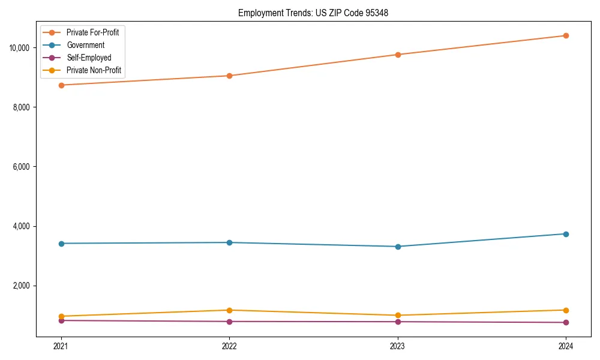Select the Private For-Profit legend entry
click(x=92, y=32)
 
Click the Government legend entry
click(x=85, y=45)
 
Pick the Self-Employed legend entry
click(x=89, y=58)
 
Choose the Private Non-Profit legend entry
click(x=94, y=70)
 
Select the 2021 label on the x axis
click(x=61, y=346)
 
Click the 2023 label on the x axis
click(x=398, y=346)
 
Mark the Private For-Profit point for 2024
click(x=566, y=35)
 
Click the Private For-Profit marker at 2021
click(x=61, y=85)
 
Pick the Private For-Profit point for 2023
click(x=398, y=55)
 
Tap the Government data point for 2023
click(x=398, y=247)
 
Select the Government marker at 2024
click(x=566, y=234)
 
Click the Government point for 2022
click(x=229, y=242)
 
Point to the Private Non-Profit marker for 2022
click(x=229, y=310)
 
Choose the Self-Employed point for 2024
click(x=566, y=323)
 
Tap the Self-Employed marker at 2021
click(x=61, y=320)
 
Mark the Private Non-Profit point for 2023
click(x=398, y=316)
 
